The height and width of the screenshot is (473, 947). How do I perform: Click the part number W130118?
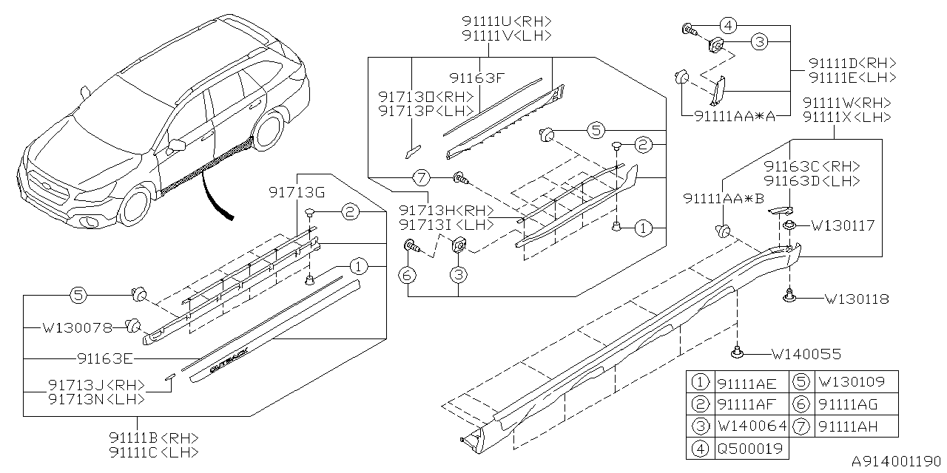coord(856,299)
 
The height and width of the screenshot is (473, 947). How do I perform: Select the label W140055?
coord(806,355)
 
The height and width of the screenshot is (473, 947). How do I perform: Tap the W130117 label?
coord(843,225)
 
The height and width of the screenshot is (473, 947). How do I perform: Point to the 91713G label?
coord(297,193)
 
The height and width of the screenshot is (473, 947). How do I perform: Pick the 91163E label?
coord(104,359)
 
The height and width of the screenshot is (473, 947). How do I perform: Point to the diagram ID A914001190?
coord(898,461)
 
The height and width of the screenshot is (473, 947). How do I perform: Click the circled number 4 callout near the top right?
coord(727,26)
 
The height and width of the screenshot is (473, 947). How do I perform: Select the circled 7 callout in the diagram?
coord(421,177)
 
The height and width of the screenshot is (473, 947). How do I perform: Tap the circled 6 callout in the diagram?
coord(408,275)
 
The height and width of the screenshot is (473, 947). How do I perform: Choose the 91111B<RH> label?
coord(152,437)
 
